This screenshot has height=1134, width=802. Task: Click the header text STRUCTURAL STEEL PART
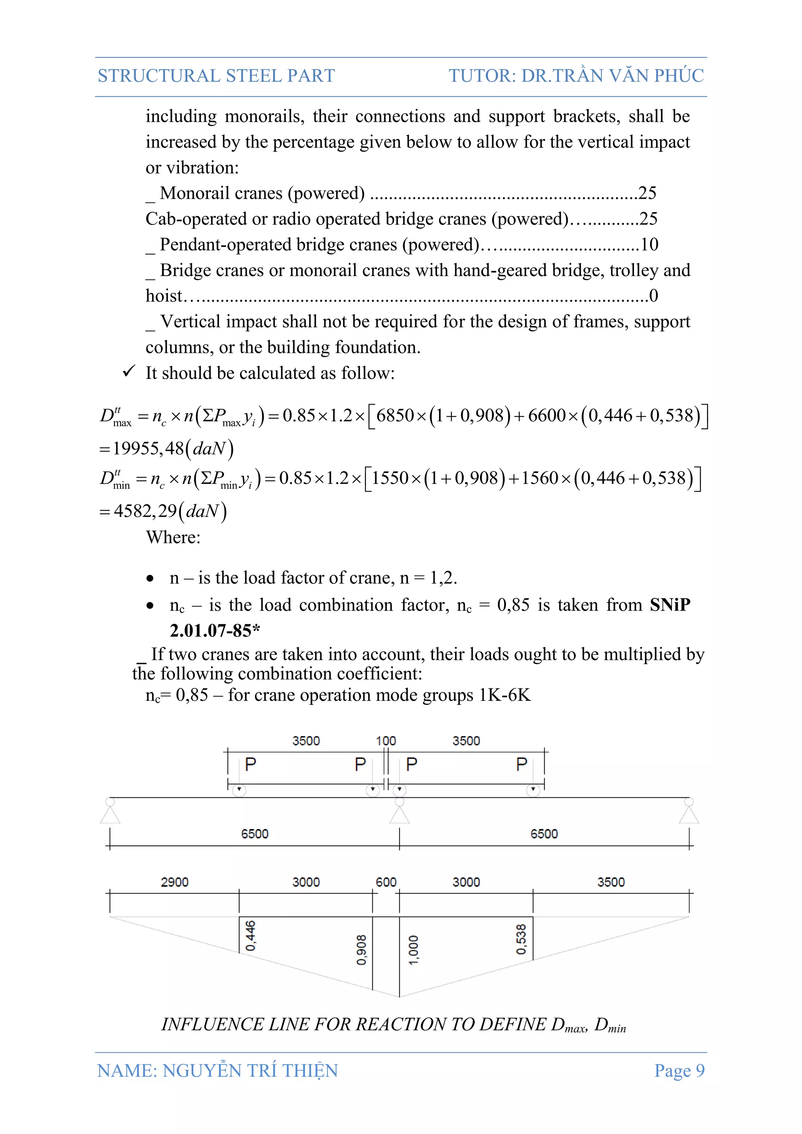click(x=216, y=76)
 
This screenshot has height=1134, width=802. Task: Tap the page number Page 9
click(x=679, y=1070)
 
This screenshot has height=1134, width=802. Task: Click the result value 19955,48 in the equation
click(x=148, y=448)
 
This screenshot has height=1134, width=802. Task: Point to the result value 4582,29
click(x=145, y=511)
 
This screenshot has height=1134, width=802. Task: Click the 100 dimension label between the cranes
click(x=386, y=741)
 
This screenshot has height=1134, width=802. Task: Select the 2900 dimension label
click(x=174, y=882)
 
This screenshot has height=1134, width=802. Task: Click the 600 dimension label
click(x=386, y=882)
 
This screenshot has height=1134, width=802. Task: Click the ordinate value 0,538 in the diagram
click(x=521, y=939)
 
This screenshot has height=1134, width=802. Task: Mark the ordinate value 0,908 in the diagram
click(x=361, y=949)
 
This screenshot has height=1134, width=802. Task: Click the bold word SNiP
click(x=670, y=605)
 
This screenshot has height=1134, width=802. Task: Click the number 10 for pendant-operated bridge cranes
click(x=649, y=244)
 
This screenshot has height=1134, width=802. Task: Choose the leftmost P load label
click(x=250, y=765)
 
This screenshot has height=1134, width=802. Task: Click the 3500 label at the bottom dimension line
click(x=611, y=882)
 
